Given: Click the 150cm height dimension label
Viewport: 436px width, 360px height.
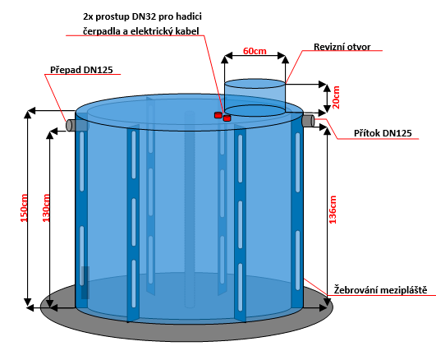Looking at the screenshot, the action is click(x=25, y=208).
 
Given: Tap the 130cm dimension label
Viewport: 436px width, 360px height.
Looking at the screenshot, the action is click(x=46, y=208).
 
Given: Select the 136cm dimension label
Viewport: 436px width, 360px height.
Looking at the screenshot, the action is click(x=333, y=210).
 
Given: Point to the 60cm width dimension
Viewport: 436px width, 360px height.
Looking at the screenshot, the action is click(x=255, y=51).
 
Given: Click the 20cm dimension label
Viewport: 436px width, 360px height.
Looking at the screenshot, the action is click(x=336, y=98).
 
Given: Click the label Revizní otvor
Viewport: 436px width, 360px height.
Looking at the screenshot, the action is click(x=342, y=47).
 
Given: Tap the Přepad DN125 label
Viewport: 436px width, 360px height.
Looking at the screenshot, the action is click(x=81, y=70).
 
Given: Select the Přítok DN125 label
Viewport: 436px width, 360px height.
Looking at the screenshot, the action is click(x=383, y=133).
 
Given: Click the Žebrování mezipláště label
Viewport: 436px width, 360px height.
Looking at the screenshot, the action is click(x=380, y=290).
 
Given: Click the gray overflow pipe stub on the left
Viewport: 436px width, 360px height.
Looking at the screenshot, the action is click(x=71, y=125).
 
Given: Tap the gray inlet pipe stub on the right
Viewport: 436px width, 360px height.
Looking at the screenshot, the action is click(x=309, y=121).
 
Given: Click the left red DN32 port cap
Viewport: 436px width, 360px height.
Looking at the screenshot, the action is click(x=218, y=115).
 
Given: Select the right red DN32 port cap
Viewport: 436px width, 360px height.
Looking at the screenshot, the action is click(x=227, y=118).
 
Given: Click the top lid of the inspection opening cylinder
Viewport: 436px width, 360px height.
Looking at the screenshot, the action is click(x=255, y=84).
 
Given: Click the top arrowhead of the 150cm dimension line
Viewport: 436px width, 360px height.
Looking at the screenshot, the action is click(x=28, y=114).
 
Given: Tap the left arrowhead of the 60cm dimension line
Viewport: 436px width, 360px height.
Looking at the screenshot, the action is click(x=228, y=55).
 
